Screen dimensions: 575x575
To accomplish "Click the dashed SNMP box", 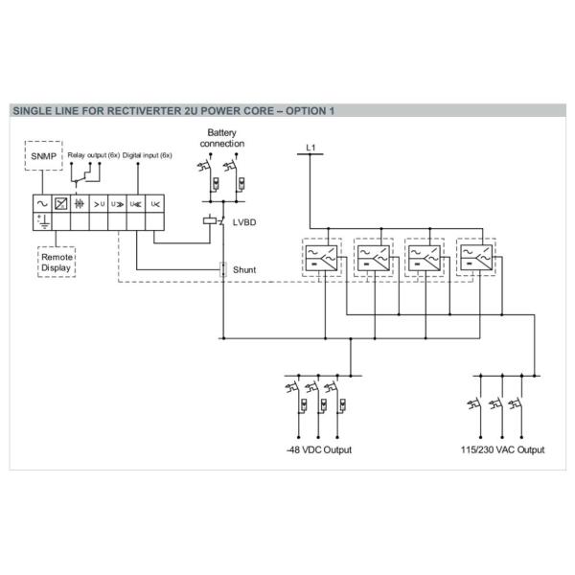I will pyautogui.click(x=41, y=155).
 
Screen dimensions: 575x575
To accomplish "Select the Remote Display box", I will pyautogui.click(x=56, y=262).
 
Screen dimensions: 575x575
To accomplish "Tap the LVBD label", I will pyautogui.click(x=244, y=221).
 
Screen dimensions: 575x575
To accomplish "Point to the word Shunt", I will pyautogui.click(x=244, y=270).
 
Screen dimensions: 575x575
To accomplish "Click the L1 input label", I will pyautogui.click(x=309, y=147).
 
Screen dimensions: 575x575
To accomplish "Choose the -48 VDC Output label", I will pyautogui.click(x=319, y=449).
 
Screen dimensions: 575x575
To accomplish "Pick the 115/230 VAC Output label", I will pyautogui.click(x=502, y=449).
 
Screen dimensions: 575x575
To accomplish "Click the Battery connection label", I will pyautogui.click(x=222, y=137).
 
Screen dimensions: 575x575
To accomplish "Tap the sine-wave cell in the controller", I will pyautogui.click(x=41, y=203).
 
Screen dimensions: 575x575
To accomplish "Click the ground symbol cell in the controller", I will pyautogui.click(x=41, y=221).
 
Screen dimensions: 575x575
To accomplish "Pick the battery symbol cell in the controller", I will pyautogui.click(x=80, y=203).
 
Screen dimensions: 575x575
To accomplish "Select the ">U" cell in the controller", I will pyautogui.click(x=98, y=203).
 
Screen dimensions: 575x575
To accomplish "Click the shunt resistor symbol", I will pyautogui.click(x=222, y=270).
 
